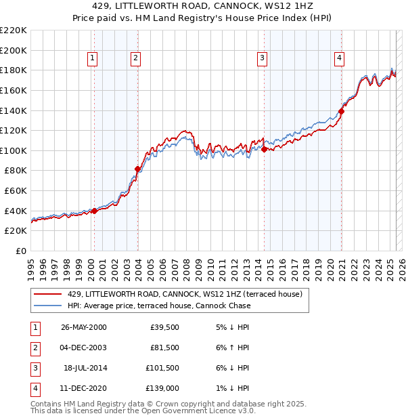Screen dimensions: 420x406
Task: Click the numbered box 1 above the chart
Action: pyautogui.click(x=92, y=58)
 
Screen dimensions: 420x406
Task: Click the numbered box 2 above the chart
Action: pyautogui.click(x=135, y=58)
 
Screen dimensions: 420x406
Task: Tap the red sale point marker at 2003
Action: pyautogui.click(x=137, y=169)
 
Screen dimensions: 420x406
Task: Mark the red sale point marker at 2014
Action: pyautogui.click(x=265, y=149)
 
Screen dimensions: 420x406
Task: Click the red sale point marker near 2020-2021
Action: pyautogui.click(x=341, y=111)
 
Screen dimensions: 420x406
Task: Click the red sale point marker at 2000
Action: pyautogui.click(x=95, y=211)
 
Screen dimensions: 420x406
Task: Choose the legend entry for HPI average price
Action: pyautogui.click(x=159, y=306)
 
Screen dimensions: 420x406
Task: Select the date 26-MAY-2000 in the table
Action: pyautogui.click(x=83, y=327)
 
